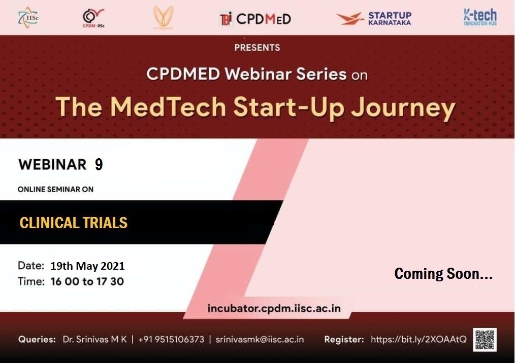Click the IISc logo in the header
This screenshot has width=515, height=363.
tap(28, 17)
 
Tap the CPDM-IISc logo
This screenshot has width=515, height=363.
tap(93, 18)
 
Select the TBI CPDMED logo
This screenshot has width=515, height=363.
tap(255, 19)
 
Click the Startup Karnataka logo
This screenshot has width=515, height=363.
tap(374, 18)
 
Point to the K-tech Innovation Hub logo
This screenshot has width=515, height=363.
tap(480, 17)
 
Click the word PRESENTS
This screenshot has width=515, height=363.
tap(257, 48)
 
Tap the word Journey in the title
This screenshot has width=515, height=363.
tap(403, 108)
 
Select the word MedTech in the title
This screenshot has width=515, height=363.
tap(168, 106)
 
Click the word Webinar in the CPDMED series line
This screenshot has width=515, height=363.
tap(258, 74)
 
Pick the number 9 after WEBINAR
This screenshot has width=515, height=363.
tap(99, 164)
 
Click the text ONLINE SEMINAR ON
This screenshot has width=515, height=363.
tap(55, 189)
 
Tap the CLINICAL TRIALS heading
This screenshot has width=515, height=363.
tap(74, 223)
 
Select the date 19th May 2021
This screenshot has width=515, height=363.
tap(87, 266)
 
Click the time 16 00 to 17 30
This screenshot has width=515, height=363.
tap(87, 281)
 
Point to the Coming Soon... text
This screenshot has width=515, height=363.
tap(443, 273)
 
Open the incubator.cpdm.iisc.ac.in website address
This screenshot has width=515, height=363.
tap(274, 309)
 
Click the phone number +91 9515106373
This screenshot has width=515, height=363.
tap(171, 339)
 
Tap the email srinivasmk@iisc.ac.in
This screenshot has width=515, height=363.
tap(260, 339)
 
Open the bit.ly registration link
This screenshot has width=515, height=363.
tap(419, 339)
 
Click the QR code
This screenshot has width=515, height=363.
tap(485, 340)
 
